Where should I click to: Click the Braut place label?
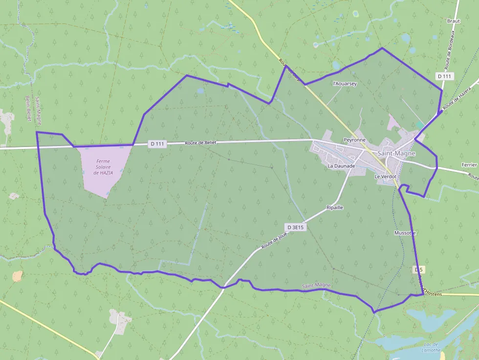click(x=454, y=21)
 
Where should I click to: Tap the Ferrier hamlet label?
click(x=469, y=165)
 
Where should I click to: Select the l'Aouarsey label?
click(x=345, y=84)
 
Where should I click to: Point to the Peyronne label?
click(x=354, y=140)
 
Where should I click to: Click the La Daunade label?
click(x=341, y=166)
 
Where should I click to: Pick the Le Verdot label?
click(x=385, y=176)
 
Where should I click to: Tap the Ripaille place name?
click(x=334, y=208)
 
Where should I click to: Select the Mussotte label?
click(x=405, y=233)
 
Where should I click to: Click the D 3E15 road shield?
click(x=296, y=227)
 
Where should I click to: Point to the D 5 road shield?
click(x=418, y=270)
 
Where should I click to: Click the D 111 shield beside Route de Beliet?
click(x=157, y=144)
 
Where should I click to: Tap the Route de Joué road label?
click(x=274, y=241)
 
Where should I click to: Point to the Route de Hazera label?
click(x=456, y=98)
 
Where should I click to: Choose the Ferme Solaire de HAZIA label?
click(x=103, y=167)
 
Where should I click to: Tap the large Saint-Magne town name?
click(x=396, y=153)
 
